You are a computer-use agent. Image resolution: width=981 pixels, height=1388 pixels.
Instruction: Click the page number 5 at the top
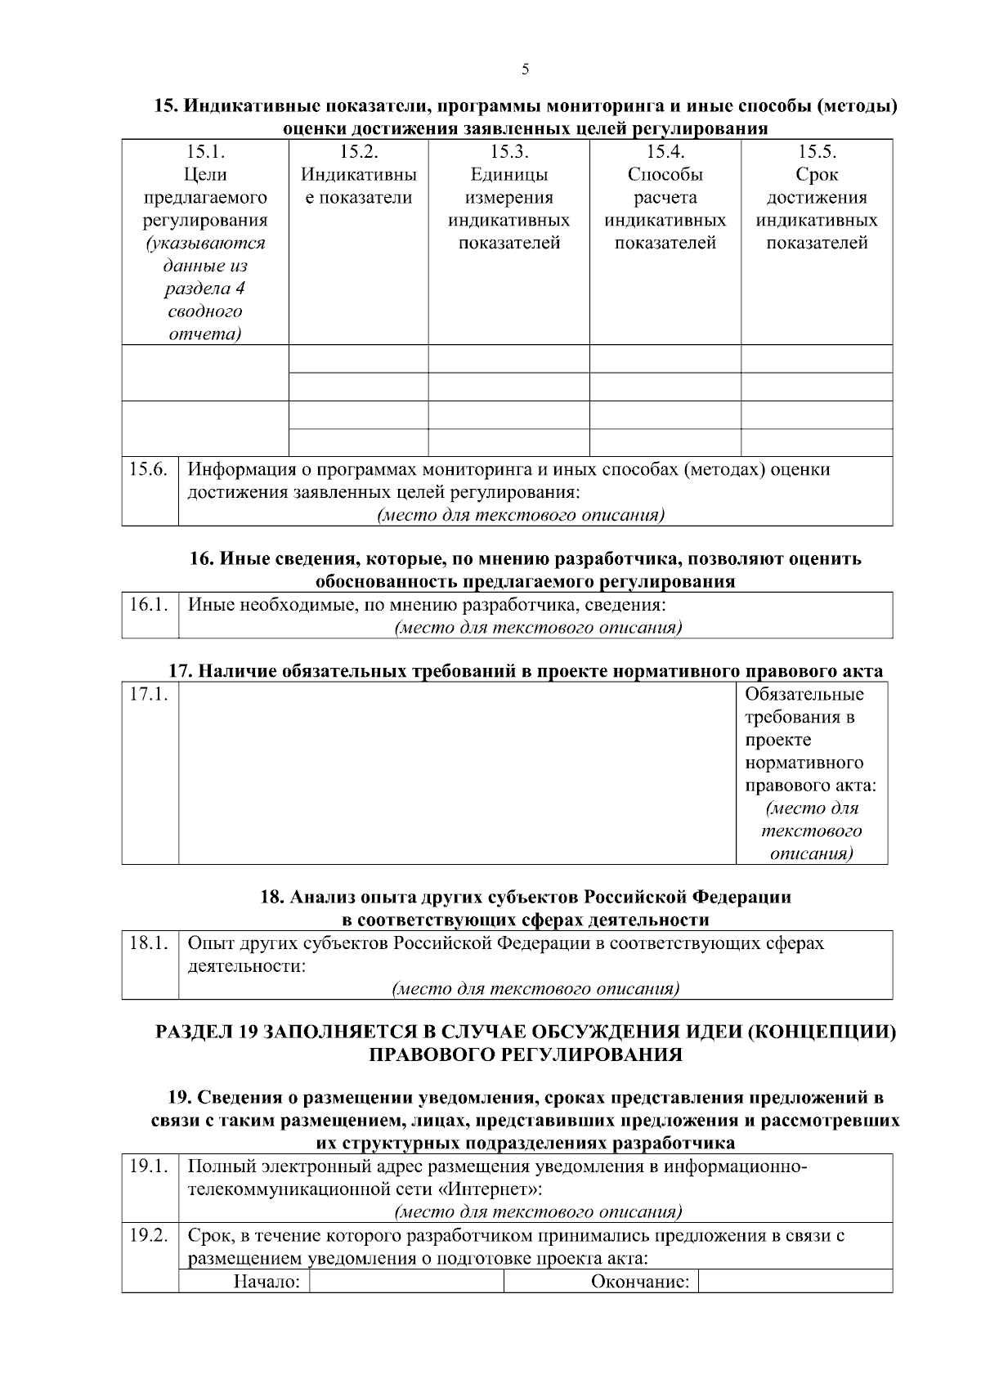525,69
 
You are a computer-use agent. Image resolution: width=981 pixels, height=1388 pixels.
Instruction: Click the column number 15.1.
205,151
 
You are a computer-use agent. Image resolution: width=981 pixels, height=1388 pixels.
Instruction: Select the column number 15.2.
358,151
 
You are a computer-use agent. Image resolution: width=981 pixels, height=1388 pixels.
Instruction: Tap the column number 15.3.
508,151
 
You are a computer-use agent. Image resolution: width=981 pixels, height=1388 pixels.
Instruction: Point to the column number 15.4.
665,151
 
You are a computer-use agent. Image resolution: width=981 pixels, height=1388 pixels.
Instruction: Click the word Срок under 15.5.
816,174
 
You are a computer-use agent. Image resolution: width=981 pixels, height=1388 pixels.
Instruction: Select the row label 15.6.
149,469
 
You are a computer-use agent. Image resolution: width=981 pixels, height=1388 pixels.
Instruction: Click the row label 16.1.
149,605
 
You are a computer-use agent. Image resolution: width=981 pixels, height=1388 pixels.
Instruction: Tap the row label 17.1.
149,695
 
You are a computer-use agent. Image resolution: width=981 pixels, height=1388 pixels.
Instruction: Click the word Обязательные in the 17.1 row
804,695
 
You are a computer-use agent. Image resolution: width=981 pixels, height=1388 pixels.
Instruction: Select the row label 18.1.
149,943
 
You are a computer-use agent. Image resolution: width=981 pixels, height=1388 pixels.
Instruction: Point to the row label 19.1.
149,1166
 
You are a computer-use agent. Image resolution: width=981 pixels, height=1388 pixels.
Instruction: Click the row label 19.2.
149,1235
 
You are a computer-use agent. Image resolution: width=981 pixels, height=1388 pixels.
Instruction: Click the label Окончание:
640,1281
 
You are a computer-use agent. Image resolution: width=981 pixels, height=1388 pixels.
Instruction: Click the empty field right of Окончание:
795,1281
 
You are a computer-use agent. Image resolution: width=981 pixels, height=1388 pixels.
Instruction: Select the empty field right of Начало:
406,1281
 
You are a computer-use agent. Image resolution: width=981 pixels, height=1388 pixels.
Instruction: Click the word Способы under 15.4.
665,174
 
